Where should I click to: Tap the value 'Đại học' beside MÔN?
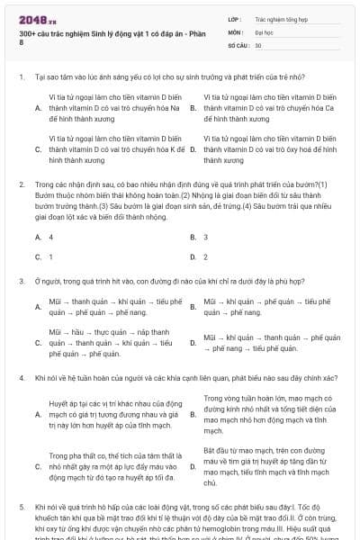tap(265, 31)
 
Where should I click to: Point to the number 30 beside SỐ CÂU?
tap(258, 44)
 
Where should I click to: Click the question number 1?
tap(22, 77)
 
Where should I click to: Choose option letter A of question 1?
tap(38, 108)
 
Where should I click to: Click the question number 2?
tap(22, 184)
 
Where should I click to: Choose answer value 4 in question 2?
tap(51, 237)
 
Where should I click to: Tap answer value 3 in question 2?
tap(206, 237)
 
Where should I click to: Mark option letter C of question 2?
tap(38, 256)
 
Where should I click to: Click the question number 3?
tap(22, 281)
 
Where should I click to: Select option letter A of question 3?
tap(38, 307)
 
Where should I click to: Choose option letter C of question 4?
tap(38, 466)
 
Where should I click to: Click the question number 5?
tap(22, 507)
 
